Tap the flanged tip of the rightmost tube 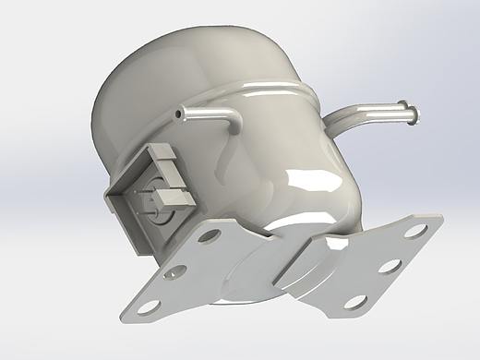(x=412, y=115)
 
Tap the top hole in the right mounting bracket (x=416, y=230)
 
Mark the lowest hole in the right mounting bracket (x=354, y=301)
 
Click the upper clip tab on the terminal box (x=164, y=158)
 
